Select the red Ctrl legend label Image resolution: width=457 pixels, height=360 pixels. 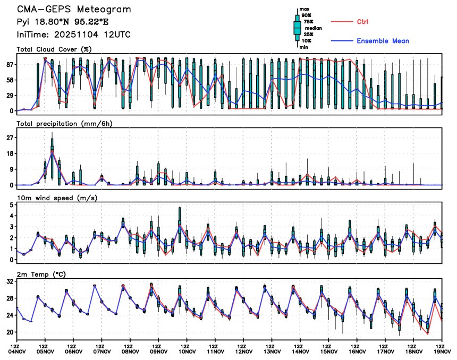point(362,22)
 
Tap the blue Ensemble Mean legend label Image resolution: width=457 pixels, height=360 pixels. point(383,41)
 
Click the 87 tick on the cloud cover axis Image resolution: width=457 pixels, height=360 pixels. point(10,65)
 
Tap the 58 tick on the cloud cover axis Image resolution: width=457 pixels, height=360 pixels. point(10,80)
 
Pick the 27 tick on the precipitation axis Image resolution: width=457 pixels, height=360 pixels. point(10,138)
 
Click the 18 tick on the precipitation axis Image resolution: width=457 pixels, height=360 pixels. point(10,153)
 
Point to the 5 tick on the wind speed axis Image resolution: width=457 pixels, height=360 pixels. point(11,204)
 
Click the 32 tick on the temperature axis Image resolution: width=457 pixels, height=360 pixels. point(10,282)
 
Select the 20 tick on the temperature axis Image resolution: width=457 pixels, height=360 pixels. point(10,332)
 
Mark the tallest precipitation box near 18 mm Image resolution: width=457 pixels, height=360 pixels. point(52,151)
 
